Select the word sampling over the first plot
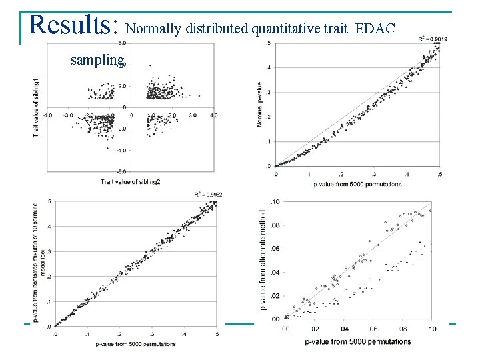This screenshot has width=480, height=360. [97, 61]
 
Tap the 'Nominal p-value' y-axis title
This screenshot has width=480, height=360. [260, 105]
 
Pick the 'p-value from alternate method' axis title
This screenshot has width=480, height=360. [263, 260]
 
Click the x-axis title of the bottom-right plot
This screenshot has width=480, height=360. [357, 341]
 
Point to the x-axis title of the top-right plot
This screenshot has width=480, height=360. [359, 183]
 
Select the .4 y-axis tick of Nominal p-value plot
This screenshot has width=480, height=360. [269, 68]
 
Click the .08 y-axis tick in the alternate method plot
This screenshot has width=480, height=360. [273, 225]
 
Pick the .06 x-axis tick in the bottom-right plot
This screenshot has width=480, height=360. [373, 329]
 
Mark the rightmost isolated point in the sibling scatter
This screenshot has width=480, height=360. [199, 95]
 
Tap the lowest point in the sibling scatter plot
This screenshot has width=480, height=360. [107, 148]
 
